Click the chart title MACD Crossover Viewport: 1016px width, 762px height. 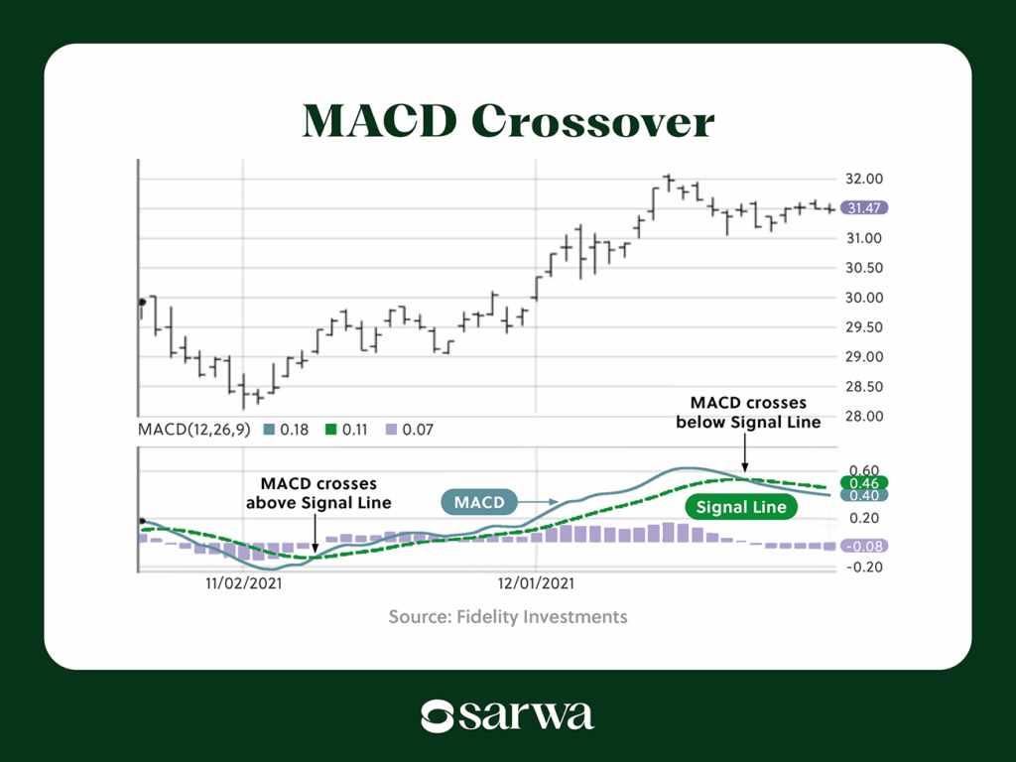click(508, 121)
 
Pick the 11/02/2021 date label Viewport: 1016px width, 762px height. click(244, 584)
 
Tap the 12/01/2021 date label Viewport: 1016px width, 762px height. click(536, 584)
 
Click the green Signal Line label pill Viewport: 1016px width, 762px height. click(740, 507)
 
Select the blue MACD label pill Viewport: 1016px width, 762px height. click(479, 503)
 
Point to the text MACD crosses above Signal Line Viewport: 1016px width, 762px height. click(318, 493)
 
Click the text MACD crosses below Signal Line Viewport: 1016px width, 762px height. click(748, 413)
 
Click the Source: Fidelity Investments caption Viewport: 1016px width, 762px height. click(508, 617)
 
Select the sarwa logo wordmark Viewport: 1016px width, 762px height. click(508, 714)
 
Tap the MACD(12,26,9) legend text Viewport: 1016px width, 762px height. click(192, 431)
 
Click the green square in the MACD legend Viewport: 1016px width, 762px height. click(334, 431)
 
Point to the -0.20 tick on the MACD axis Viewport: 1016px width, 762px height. click(859, 568)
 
